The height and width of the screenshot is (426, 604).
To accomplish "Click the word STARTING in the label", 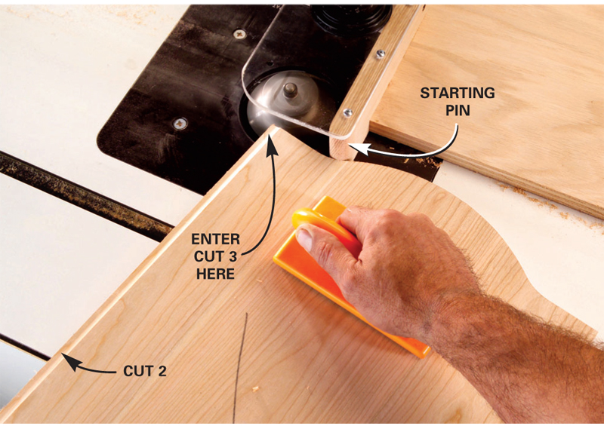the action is point(458,93).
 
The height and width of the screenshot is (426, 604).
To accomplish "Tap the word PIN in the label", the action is point(458,110).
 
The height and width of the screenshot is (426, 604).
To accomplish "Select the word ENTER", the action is point(216,239).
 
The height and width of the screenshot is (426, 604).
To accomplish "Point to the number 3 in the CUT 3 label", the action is point(232,256).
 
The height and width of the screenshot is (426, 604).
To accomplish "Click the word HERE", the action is point(215,274).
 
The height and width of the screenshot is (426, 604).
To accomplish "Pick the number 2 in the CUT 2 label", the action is point(162,371).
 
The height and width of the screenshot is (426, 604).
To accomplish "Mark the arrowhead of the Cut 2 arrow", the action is point(70,361).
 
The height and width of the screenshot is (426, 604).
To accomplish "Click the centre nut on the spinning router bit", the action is point(290,90).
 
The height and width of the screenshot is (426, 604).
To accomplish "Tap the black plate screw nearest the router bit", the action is point(180,124).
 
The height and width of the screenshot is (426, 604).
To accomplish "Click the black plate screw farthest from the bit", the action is point(239,34).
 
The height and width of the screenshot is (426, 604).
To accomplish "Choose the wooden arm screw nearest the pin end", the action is point(348,113).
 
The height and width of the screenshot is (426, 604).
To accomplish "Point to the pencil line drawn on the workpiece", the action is point(239,367).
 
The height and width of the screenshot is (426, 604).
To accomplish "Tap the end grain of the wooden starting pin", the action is point(341,148).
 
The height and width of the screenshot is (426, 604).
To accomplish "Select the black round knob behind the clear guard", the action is point(350,18).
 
